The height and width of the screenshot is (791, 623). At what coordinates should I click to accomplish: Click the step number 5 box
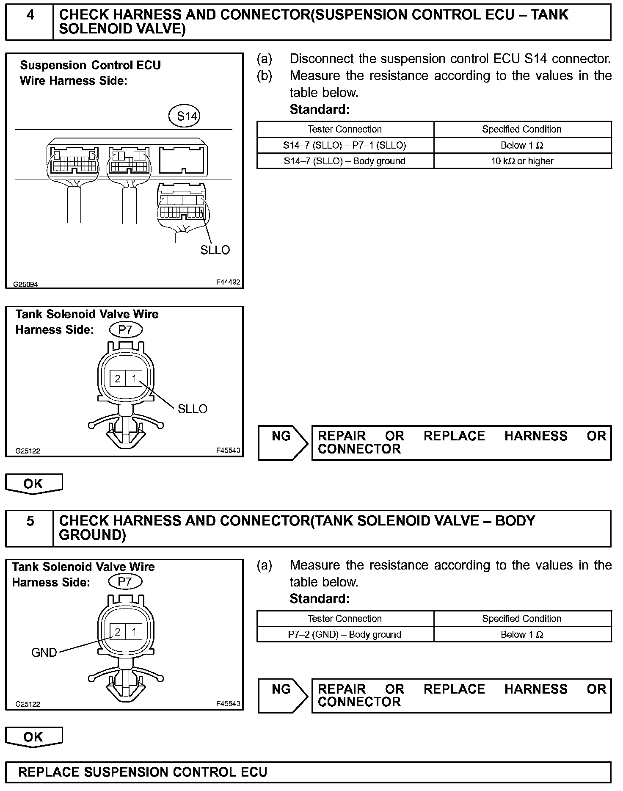[x=30, y=521]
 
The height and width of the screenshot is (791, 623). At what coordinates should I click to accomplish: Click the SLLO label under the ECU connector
[x=215, y=250]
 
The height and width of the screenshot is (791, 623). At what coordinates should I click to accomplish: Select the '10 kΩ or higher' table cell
[x=522, y=161]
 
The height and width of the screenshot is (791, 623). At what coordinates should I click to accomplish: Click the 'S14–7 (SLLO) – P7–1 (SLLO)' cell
[x=345, y=146]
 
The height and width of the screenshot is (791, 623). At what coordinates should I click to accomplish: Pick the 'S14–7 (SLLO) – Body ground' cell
[x=345, y=161]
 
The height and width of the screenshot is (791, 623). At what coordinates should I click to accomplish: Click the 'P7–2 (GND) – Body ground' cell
[x=345, y=635]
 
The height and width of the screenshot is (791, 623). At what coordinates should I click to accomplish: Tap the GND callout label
[x=44, y=653]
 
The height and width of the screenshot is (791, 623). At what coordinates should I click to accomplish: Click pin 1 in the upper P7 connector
[x=134, y=378]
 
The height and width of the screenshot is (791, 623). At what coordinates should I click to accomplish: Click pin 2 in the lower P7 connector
[x=117, y=632]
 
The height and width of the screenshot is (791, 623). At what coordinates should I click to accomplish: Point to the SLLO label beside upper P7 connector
[x=193, y=409]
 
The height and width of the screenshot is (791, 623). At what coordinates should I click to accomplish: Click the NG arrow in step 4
[x=283, y=443]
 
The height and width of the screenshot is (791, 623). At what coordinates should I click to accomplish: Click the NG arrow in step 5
[x=283, y=696]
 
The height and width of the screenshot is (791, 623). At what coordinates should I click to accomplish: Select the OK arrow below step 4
[x=34, y=484]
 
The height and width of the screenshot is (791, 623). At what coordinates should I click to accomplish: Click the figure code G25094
[x=25, y=284]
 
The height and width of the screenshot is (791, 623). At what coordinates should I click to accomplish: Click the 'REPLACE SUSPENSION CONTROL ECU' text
[x=143, y=772]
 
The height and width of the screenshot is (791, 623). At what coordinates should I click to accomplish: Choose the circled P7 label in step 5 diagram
[x=125, y=582]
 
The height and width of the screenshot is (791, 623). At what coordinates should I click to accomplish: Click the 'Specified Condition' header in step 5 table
[x=522, y=619]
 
